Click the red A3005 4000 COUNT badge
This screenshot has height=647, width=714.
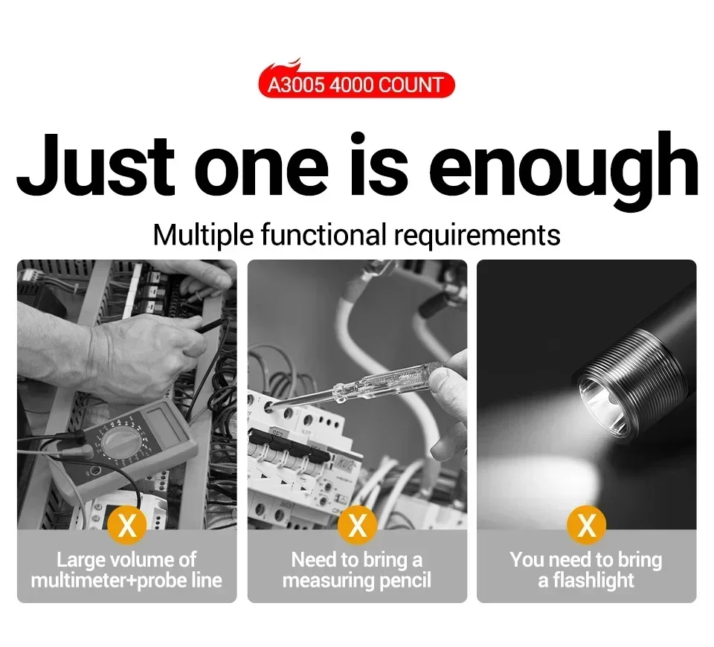tap(356, 85)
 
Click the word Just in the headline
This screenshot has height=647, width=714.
tap(96, 166)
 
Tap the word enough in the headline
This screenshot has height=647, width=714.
tap(564, 171)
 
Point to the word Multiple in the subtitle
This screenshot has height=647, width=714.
tap(203, 236)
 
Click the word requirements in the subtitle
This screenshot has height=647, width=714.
tap(477, 236)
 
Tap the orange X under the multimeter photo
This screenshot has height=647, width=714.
tap(127, 525)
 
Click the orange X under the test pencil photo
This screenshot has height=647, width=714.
tap(358, 525)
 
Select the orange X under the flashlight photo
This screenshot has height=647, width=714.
tap(587, 525)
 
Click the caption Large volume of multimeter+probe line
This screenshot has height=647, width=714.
tap(126, 570)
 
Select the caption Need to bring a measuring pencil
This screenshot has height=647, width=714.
tap(357, 570)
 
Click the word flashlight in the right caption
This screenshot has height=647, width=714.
tap(594, 581)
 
